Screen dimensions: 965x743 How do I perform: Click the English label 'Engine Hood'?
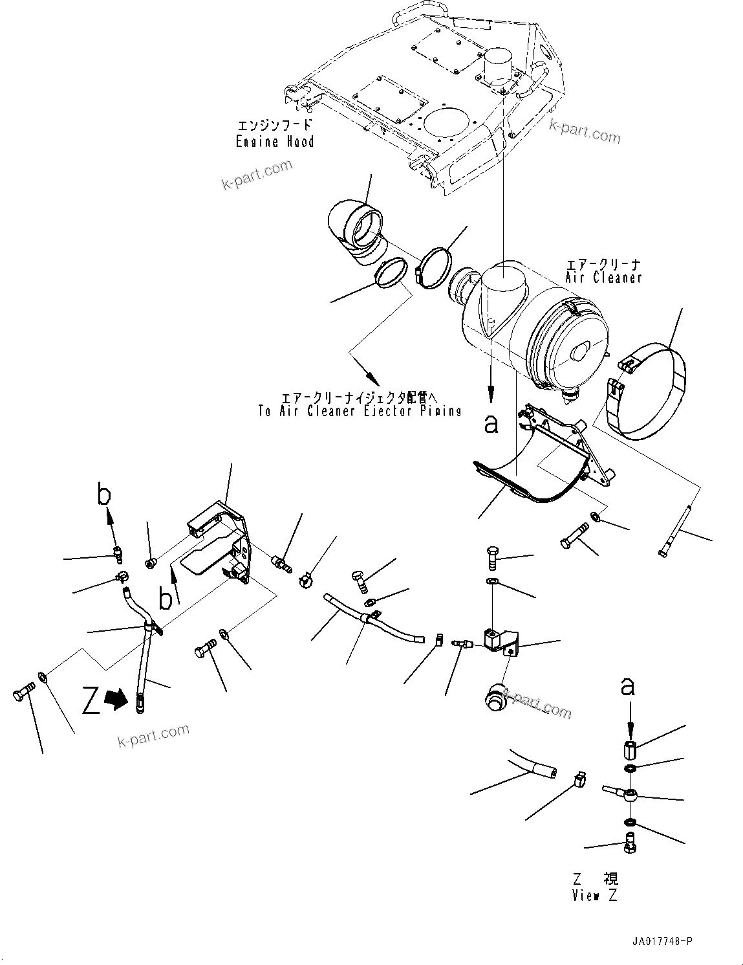point(275,142)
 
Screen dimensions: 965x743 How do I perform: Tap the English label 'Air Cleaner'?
point(603,277)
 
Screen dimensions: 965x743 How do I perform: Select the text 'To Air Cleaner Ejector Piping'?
point(360,411)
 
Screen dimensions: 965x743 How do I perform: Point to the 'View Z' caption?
point(595,896)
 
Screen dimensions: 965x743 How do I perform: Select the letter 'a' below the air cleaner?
point(491,424)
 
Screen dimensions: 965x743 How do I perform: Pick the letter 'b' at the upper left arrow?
point(103,495)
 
